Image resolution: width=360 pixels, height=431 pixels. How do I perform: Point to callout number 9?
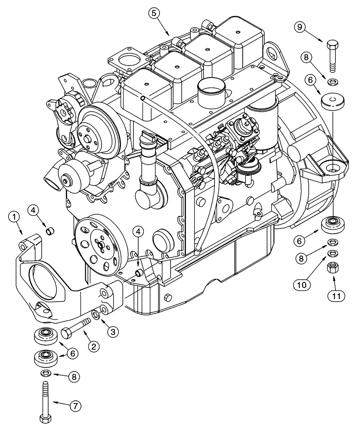point(301,27)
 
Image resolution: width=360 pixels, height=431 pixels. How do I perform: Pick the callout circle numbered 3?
point(112,332)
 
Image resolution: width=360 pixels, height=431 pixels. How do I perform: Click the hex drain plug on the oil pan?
point(168,297)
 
